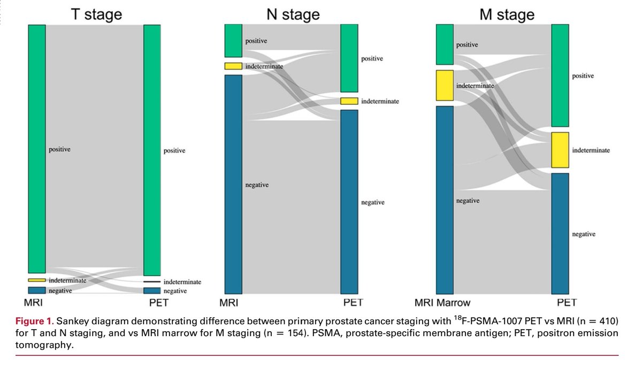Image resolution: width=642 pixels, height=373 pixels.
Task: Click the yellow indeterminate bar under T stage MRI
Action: tap(37, 280)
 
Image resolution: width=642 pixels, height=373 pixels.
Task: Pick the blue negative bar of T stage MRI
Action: tap(37, 290)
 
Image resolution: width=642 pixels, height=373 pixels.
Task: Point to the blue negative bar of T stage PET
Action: tap(152, 291)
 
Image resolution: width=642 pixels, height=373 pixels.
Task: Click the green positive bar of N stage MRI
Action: tap(233, 41)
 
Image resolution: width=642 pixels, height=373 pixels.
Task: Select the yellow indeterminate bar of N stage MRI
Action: tap(233, 66)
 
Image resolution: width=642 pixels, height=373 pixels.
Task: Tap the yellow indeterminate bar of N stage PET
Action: tap(349, 101)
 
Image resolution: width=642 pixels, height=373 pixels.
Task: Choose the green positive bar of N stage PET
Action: tap(349, 58)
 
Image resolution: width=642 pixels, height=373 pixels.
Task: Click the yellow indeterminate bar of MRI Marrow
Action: tap(445, 86)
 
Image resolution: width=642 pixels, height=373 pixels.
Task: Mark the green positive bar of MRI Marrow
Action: tap(445, 45)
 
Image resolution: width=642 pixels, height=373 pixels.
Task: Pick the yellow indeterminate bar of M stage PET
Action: tap(560, 150)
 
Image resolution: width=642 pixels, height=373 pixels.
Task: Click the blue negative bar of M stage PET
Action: tap(560, 233)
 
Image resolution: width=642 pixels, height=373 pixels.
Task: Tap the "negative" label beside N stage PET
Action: tap(373, 203)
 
